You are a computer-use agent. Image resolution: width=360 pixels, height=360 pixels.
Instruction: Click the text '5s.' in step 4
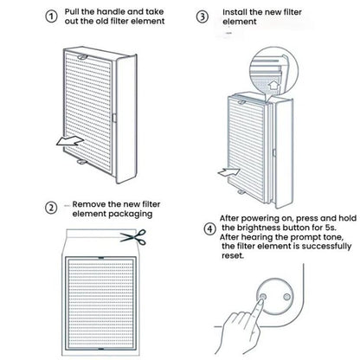(329, 228)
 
